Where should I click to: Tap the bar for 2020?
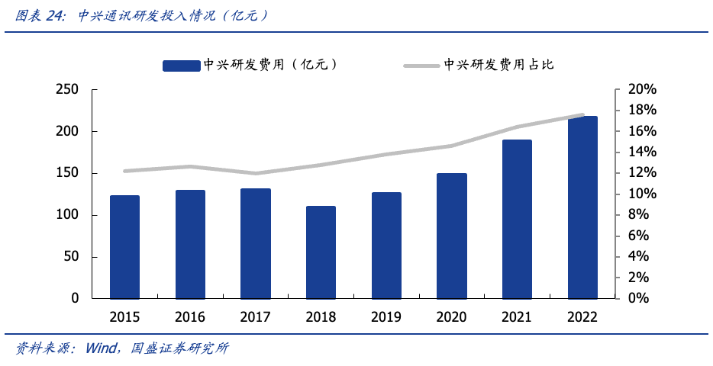pos(452,236)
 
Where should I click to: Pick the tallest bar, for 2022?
pos(582,207)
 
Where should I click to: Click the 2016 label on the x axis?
pos(190,317)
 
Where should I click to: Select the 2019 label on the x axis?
pos(386,317)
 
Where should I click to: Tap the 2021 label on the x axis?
pos(517,317)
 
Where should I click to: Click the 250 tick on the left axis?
pos(68,90)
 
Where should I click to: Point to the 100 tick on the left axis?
pos(68,215)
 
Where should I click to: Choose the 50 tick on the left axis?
pos(71,257)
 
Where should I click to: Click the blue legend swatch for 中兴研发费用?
pos(181,66)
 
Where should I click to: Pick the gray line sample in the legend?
pos(422,66)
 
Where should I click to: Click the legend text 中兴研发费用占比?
pos(498,66)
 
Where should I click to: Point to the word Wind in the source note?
pos(101,348)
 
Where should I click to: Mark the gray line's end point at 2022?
pos(582,115)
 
